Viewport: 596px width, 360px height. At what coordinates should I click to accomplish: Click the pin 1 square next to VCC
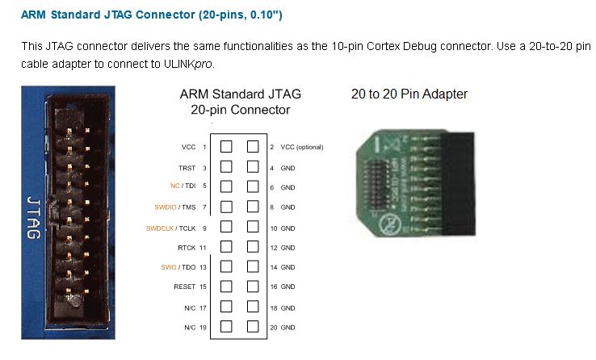(227, 147)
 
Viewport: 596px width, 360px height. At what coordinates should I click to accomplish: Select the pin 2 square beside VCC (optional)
(253, 147)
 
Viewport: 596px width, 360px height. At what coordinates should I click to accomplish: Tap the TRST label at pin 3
(187, 167)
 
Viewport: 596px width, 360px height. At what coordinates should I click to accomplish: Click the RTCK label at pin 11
(187, 247)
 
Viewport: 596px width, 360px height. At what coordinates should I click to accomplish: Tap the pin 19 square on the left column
(227, 327)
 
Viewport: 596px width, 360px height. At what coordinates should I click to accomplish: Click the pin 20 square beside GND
(253, 327)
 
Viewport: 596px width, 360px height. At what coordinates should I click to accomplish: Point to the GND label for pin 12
(288, 247)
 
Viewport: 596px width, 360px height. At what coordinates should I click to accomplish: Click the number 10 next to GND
(273, 228)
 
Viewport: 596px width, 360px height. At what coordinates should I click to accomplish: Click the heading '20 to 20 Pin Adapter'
(409, 94)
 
